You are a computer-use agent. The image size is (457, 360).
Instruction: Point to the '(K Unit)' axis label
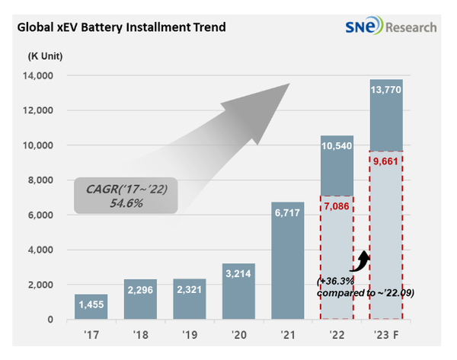tap(46, 56)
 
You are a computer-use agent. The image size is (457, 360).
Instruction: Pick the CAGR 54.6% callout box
tap(126, 196)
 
